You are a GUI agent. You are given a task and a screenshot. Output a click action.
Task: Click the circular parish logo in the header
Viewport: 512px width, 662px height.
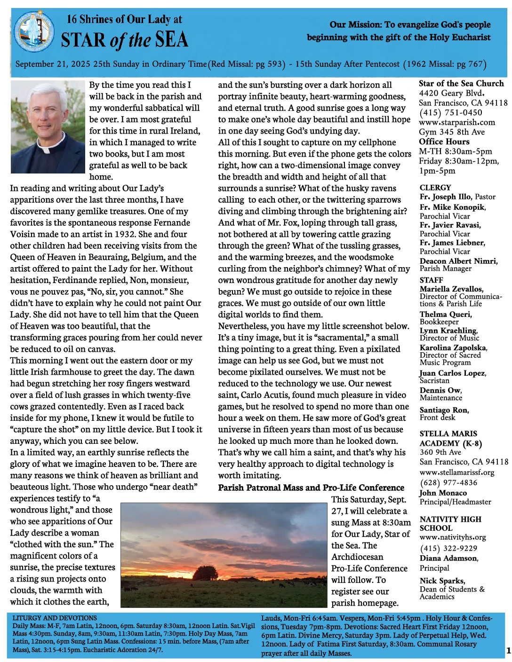[x=34, y=32]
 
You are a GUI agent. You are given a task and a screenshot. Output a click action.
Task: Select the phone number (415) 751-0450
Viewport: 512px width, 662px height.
[x=450, y=113]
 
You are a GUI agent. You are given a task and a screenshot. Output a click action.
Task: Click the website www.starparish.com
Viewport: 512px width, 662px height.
[x=456, y=123]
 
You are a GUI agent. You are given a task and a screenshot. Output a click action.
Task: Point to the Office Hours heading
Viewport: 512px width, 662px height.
[x=444, y=142]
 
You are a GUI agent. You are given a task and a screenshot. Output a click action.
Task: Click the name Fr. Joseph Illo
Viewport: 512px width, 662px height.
[x=445, y=197]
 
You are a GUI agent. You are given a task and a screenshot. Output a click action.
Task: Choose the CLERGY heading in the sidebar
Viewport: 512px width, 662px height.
[x=435, y=188]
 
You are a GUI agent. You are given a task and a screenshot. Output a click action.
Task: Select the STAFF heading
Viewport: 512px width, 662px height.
[x=431, y=280]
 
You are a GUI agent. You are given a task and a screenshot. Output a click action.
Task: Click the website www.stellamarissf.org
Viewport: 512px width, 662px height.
[x=456, y=473]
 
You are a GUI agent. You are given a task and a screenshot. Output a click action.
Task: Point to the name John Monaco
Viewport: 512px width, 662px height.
[x=443, y=493]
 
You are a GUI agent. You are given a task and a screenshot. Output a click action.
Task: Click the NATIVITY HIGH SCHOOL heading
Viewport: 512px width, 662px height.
[x=450, y=523]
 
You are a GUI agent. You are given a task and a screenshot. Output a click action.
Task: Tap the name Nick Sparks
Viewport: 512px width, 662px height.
[x=442, y=581]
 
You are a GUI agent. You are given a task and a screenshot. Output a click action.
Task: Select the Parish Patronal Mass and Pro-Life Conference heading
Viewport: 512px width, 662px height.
[x=311, y=488]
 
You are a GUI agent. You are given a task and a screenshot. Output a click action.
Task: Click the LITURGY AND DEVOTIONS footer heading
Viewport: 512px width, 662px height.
[x=55, y=618]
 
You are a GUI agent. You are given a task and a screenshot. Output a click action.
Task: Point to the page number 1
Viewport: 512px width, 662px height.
[x=508, y=651]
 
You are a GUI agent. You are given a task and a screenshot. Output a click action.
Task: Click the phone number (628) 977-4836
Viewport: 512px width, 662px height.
[x=448, y=483]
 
